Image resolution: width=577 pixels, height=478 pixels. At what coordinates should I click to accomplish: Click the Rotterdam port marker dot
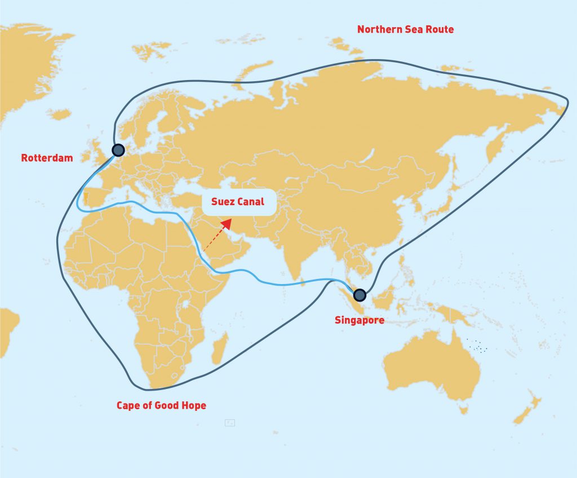118,150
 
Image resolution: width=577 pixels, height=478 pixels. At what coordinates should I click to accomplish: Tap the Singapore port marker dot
359,295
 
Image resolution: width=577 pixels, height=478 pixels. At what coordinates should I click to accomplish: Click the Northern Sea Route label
405,29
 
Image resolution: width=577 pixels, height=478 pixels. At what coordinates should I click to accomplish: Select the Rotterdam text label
47,158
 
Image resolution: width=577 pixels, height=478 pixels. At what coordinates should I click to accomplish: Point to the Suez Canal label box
238,201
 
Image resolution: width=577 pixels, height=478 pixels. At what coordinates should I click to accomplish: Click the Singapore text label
359,321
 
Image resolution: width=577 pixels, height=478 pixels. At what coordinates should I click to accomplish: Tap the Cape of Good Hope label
161,405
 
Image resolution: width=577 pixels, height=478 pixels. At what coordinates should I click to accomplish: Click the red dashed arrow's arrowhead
227,223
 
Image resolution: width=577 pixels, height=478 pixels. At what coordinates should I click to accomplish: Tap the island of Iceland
59,114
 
